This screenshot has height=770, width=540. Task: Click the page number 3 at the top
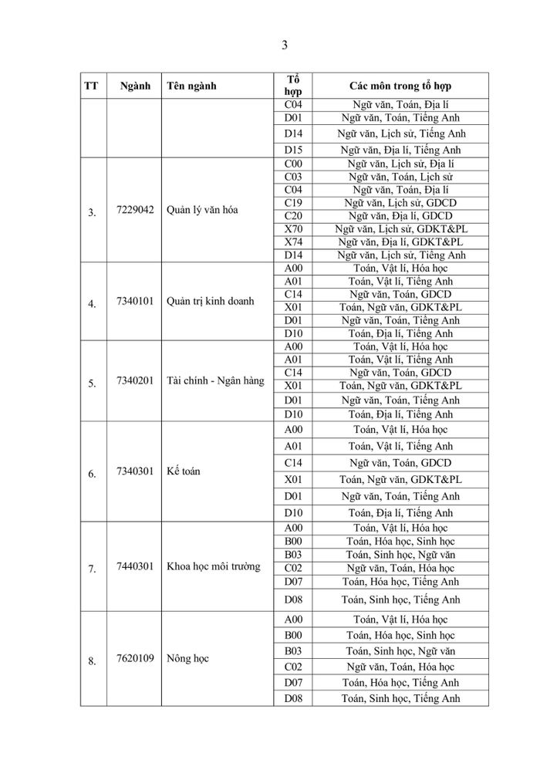coord(285,45)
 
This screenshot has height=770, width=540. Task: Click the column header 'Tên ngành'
coord(191,86)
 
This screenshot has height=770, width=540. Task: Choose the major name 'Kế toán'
coord(183,471)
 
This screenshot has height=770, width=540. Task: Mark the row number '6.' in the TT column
coord(92,474)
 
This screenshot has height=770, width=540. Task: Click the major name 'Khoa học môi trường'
coord(213,566)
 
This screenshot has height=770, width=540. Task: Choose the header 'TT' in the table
coord(91,86)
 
